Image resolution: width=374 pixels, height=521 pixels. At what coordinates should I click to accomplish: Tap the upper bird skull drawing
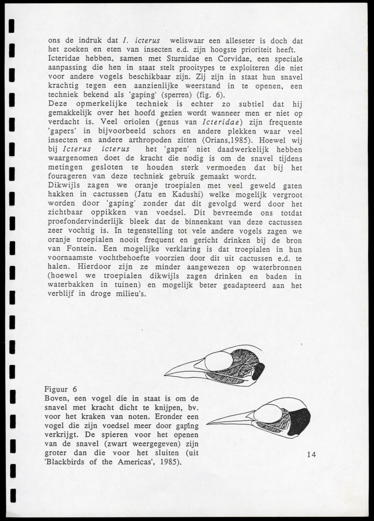216,366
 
